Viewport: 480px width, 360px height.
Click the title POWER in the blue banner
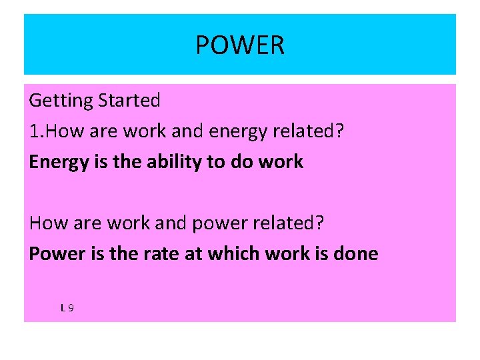coord(240,45)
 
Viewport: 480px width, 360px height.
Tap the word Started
coord(129,101)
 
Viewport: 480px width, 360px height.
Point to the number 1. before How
coord(37,131)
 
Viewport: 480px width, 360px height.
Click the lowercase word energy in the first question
coord(235,132)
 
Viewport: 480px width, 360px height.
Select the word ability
coord(165,162)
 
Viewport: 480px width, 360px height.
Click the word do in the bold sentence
coord(241,161)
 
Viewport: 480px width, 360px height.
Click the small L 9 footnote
coord(67,308)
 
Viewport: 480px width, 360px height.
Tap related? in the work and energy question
coord(312,131)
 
